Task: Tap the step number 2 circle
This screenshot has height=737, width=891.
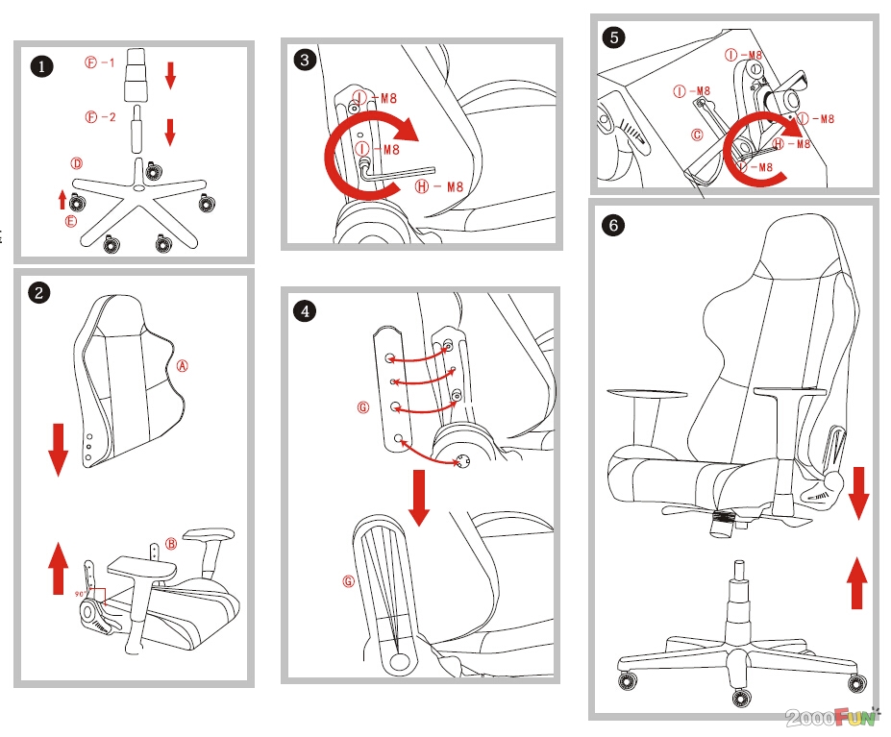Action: pos(38,293)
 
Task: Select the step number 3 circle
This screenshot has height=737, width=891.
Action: pos(305,61)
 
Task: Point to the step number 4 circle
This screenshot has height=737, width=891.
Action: pos(305,310)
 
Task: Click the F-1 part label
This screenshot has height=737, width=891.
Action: pos(100,63)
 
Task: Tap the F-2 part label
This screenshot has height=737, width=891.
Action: pos(100,118)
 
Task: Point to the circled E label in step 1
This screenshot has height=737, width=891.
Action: pos(70,221)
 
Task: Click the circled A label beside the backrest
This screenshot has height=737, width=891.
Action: pos(183,365)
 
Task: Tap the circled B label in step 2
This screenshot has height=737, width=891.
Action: pos(171,544)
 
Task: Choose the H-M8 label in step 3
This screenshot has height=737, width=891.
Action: pos(439,186)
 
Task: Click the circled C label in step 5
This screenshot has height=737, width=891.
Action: pos(697,135)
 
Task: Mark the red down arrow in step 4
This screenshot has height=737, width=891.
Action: pos(419,497)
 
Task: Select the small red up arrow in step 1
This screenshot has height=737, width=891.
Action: pos(62,199)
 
